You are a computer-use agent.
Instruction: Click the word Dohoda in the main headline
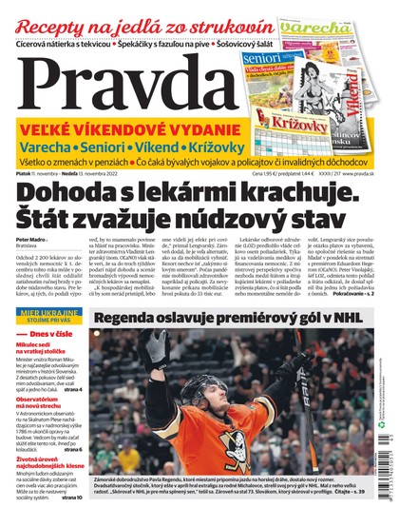pos(71,192)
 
